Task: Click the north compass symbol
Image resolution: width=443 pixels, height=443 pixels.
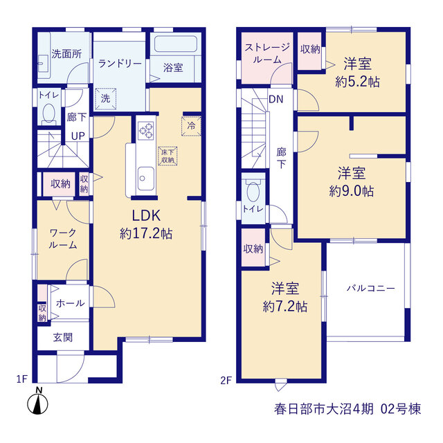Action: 37,401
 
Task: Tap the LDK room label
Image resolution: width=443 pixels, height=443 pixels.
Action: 146,216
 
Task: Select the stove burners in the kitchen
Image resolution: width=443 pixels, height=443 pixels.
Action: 146,131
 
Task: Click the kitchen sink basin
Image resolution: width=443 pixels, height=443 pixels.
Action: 146,178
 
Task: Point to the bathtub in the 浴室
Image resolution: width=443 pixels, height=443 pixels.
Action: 176,44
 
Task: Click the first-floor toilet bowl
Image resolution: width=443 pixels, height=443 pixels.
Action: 49,113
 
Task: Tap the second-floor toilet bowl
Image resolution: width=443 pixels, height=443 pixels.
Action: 253,192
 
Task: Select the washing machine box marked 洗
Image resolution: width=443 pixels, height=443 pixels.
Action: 105,98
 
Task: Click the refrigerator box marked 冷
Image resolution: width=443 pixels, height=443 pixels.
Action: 191,126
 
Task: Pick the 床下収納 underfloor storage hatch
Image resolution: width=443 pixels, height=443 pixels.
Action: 168,156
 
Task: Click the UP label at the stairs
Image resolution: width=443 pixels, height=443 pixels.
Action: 78,136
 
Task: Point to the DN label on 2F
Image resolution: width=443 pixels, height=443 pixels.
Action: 275,100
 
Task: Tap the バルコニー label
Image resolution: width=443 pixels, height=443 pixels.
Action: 371,289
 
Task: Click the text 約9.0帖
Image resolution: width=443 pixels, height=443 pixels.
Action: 352,191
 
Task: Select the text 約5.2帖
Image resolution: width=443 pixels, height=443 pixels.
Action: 357,82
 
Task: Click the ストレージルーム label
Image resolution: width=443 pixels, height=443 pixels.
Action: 267,53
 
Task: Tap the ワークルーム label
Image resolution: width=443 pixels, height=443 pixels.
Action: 63,239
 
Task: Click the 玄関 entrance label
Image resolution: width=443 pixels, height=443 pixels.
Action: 63,337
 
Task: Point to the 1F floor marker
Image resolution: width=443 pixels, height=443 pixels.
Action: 21,379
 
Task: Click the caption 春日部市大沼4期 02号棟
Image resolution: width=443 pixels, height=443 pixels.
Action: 347,409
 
